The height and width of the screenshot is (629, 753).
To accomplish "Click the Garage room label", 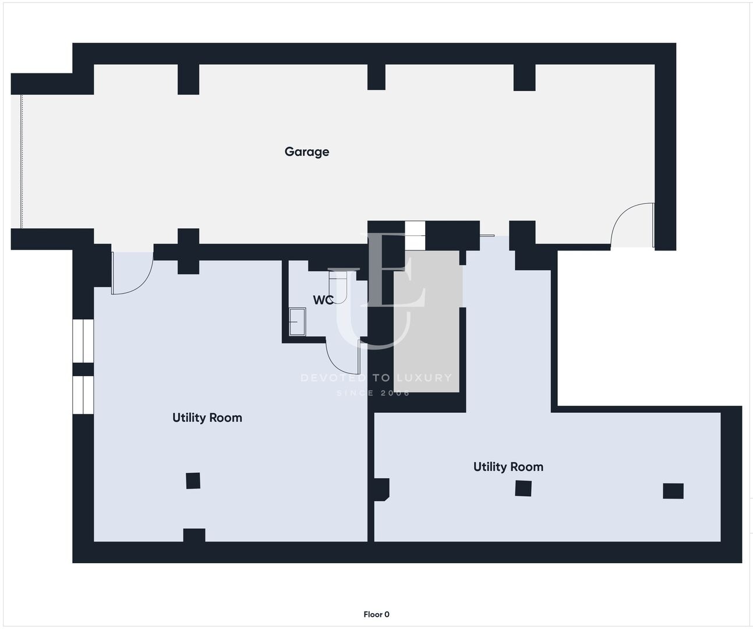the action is coord(306,152).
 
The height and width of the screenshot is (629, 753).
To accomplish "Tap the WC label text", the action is coord(323,300).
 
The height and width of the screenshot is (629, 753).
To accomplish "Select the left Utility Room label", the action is coord(207,418).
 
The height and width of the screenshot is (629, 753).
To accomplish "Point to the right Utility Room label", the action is coord(508,467).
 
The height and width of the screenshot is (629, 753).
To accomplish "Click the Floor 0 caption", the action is coord(376,614).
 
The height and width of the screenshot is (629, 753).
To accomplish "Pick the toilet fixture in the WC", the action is coord(338,287).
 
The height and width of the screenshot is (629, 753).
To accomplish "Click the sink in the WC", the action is coord(298,321).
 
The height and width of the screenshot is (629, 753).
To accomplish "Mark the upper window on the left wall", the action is coord(83,341).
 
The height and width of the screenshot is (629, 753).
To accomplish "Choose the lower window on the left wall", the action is coord(83,395).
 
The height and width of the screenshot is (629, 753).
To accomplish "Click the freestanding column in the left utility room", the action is coord(193,480).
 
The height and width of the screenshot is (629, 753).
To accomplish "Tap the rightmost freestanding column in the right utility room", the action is coord(673,491).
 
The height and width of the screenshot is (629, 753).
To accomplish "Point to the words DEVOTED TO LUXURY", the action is coord(376,377).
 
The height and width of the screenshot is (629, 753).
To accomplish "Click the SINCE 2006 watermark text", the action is coord(373,393).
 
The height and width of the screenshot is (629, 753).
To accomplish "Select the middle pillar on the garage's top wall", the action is coord(376,77).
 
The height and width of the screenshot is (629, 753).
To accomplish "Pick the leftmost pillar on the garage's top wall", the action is coord(189,79).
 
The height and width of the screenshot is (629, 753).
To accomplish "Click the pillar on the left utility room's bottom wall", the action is coord(195,535).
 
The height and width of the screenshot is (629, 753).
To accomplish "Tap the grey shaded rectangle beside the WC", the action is coord(426,321).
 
